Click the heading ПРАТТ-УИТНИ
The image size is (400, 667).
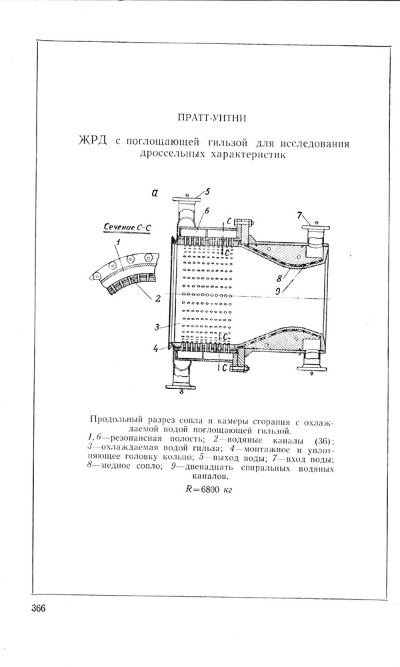click(214, 119)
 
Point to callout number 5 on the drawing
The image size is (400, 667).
click(207, 192)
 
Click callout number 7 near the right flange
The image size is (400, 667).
click(300, 216)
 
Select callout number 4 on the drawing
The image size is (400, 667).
click(155, 347)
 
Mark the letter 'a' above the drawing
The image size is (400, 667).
click(154, 194)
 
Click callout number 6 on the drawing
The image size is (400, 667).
click(207, 210)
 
